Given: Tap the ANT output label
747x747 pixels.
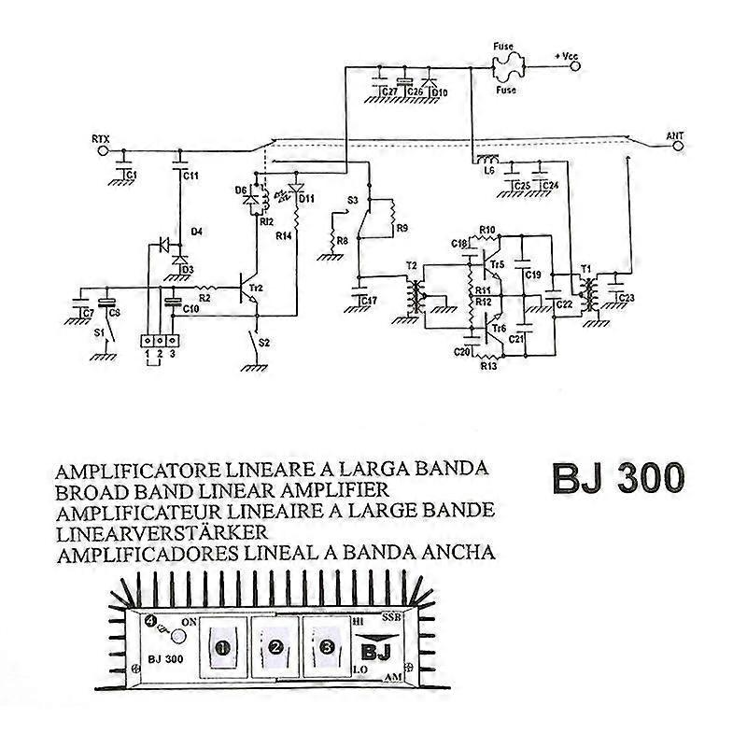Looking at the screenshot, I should click(675, 135).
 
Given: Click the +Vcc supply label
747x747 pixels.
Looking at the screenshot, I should click(568, 57).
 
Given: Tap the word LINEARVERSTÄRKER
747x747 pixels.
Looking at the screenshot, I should click(163, 531).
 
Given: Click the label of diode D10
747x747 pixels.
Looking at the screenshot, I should click(438, 92).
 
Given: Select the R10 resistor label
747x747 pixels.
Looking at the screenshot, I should click(486, 230).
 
